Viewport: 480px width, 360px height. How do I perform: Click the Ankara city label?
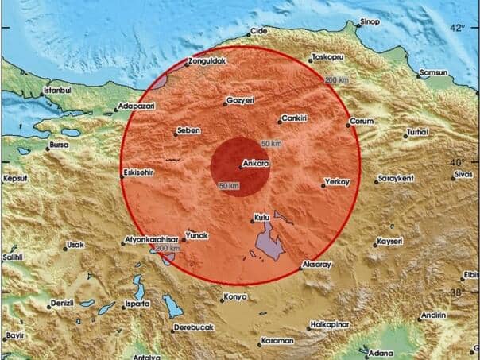point(258,165)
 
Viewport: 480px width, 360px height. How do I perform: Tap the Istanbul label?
point(57,91)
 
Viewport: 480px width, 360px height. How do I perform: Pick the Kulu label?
point(262,216)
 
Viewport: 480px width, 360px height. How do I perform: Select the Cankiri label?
point(294,118)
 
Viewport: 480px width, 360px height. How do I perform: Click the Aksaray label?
point(317,265)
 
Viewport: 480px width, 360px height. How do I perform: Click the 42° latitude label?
point(457,29)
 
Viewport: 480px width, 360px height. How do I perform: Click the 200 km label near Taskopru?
point(335,80)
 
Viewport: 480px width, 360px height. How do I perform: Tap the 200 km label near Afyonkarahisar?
point(167,250)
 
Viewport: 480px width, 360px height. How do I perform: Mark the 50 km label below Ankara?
point(228,186)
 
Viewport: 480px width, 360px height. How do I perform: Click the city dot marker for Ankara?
point(242,166)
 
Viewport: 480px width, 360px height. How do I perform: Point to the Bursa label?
point(58,145)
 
